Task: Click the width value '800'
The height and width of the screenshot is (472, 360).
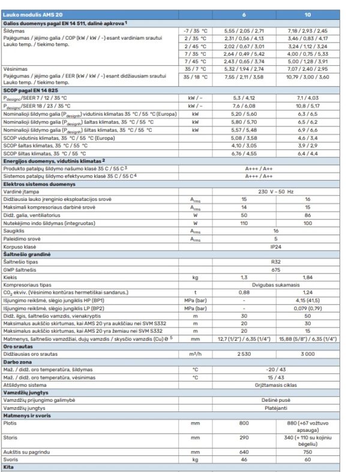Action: tap(244, 422)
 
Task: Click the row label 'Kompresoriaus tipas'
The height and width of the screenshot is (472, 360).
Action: tap(30, 285)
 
